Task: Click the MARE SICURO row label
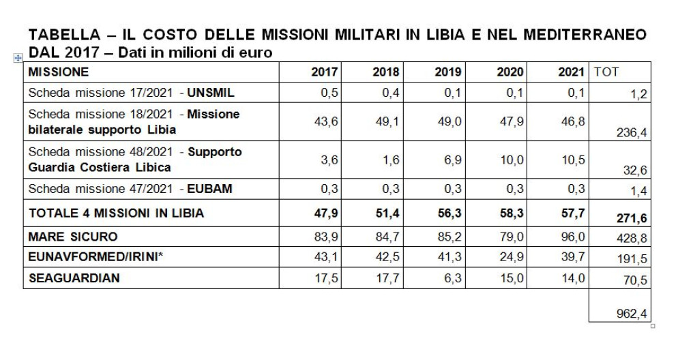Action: coord(73,237)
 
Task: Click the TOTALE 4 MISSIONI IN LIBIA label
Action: coord(116,213)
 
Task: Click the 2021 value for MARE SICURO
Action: coord(572,237)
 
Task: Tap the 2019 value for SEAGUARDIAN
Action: coord(452,278)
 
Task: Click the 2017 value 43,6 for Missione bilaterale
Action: coord(326,122)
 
